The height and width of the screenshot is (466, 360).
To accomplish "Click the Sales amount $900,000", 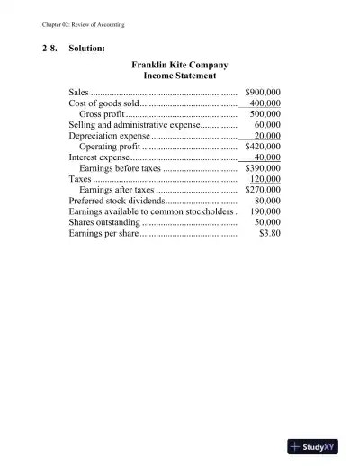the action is pyautogui.click(x=264, y=93).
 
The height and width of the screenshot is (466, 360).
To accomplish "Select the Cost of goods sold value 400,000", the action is pyautogui.click(x=265, y=103).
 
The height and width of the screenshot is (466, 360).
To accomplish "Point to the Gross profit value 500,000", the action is pyautogui.click(x=265, y=114).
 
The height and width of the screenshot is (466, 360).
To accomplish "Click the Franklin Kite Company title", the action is pyautogui.click(x=180, y=66).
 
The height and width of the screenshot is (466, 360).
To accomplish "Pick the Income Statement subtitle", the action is pyautogui.click(x=180, y=76).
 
